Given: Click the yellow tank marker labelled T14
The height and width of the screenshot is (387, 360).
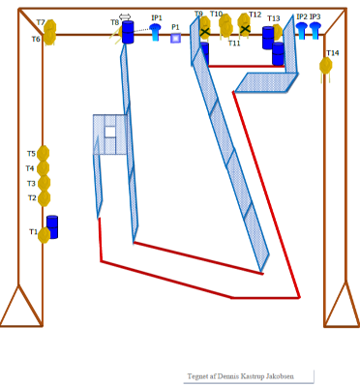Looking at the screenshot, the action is click(x=326, y=66).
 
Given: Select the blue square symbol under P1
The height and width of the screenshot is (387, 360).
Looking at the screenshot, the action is click(x=175, y=38).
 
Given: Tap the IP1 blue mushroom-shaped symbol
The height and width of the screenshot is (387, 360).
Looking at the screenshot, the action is click(x=155, y=32).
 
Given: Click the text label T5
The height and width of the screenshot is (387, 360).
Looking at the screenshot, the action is click(x=31, y=154).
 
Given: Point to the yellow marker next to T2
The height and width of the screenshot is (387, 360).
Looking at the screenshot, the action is click(x=44, y=198).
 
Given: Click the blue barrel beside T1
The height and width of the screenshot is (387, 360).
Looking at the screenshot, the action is click(x=52, y=227).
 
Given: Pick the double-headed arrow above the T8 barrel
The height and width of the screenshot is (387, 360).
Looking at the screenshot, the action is click(x=125, y=16).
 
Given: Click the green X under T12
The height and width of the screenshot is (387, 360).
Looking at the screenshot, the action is click(x=245, y=29).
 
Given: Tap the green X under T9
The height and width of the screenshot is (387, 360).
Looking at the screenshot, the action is click(x=205, y=32).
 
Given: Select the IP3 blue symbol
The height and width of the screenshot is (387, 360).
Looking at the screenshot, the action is click(x=315, y=31).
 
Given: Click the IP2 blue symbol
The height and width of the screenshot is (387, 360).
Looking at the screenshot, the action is click(x=302, y=31).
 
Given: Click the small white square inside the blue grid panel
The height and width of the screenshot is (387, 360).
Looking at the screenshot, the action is click(x=110, y=132).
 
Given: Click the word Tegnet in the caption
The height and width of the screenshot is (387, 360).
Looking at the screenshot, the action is click(x=196, y=376).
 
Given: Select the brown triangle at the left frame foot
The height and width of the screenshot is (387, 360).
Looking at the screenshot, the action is click(x=21, y=307).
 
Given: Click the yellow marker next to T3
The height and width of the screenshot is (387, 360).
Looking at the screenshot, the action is click(x=45, y=183).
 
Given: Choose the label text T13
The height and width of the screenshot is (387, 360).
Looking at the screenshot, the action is click(x=274, y=18).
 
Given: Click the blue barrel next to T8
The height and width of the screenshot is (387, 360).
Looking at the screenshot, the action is click(x=128, y=32).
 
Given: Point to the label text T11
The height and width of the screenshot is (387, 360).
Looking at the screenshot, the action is click(x=234, y=43).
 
